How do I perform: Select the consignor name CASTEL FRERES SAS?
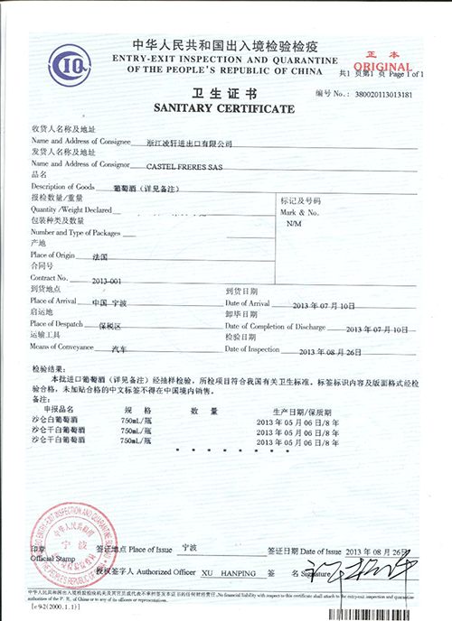coord(197,164)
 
